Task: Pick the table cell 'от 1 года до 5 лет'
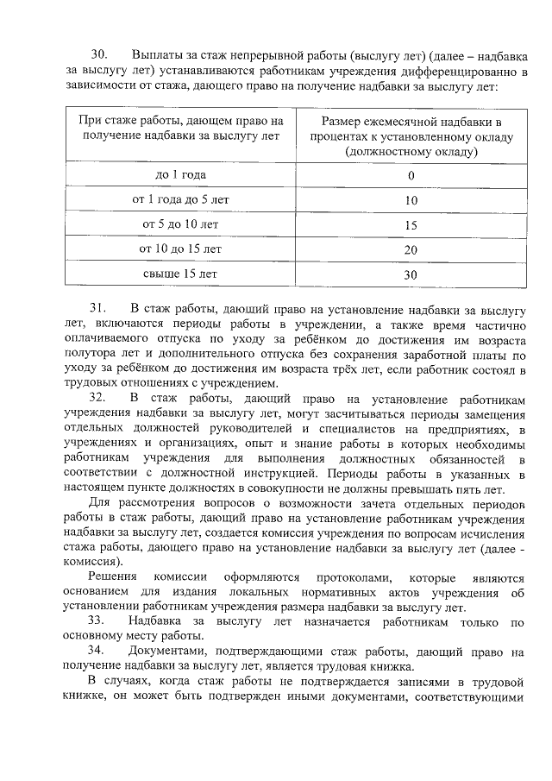pos(180,200)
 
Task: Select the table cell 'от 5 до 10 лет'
pos(180,225)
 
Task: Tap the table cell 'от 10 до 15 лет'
pos(180,249)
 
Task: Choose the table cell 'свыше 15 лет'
pos(180,274)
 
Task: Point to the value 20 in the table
pos(411,250)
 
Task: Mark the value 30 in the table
pos(411,275)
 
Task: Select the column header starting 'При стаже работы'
pos(180,129)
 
